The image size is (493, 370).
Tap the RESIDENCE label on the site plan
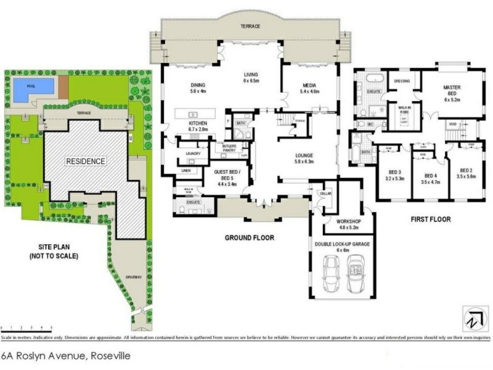[86, 162]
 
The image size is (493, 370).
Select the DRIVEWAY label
[133, 277]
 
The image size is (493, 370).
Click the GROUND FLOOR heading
[249, 237]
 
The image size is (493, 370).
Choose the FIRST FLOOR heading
[430, 219]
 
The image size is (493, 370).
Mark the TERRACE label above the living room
[250, 27]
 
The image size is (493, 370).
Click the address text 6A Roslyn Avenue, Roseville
[66, 356]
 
